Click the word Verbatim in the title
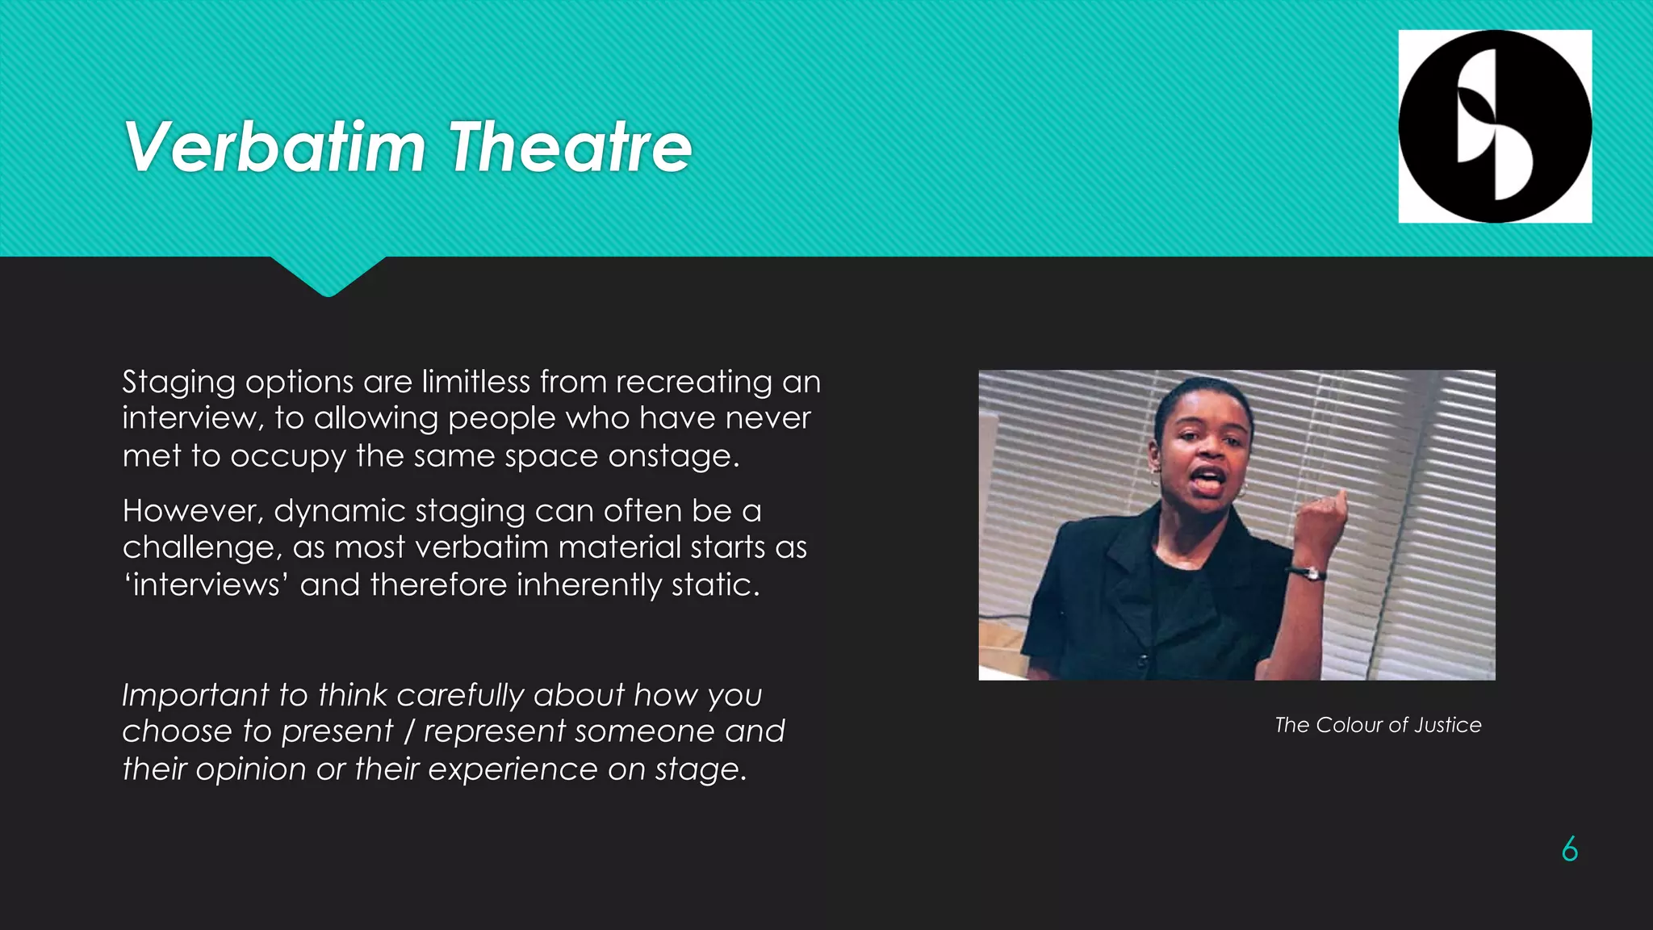click(x=274, y=147)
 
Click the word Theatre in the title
click(x=570, y=147)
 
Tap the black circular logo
click(x=1495, y=127)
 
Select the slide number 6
click(x=1569, y=849)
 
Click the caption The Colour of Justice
click(x=1378, y=725)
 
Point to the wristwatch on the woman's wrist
click(x=1307, y=573)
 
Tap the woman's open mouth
click(x=1208, y=480)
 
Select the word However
click(x=193, y=511)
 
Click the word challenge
click(x=202, y=548)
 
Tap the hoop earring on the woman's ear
click(x=1244, y=490)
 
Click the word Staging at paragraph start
click(x=178, y=383)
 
